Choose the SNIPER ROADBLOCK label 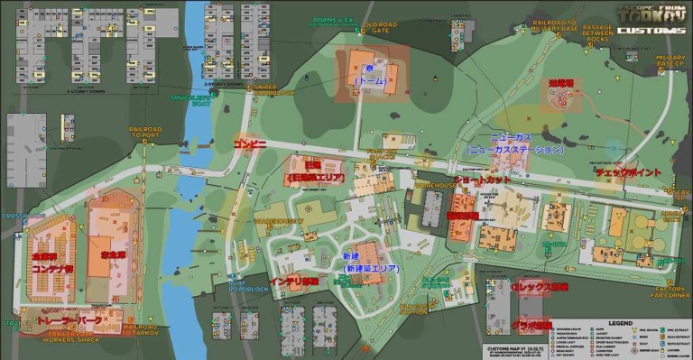click(273, 89)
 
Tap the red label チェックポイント click(628, 171)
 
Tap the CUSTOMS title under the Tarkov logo click(651, 31)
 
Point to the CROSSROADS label click(16, 217)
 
